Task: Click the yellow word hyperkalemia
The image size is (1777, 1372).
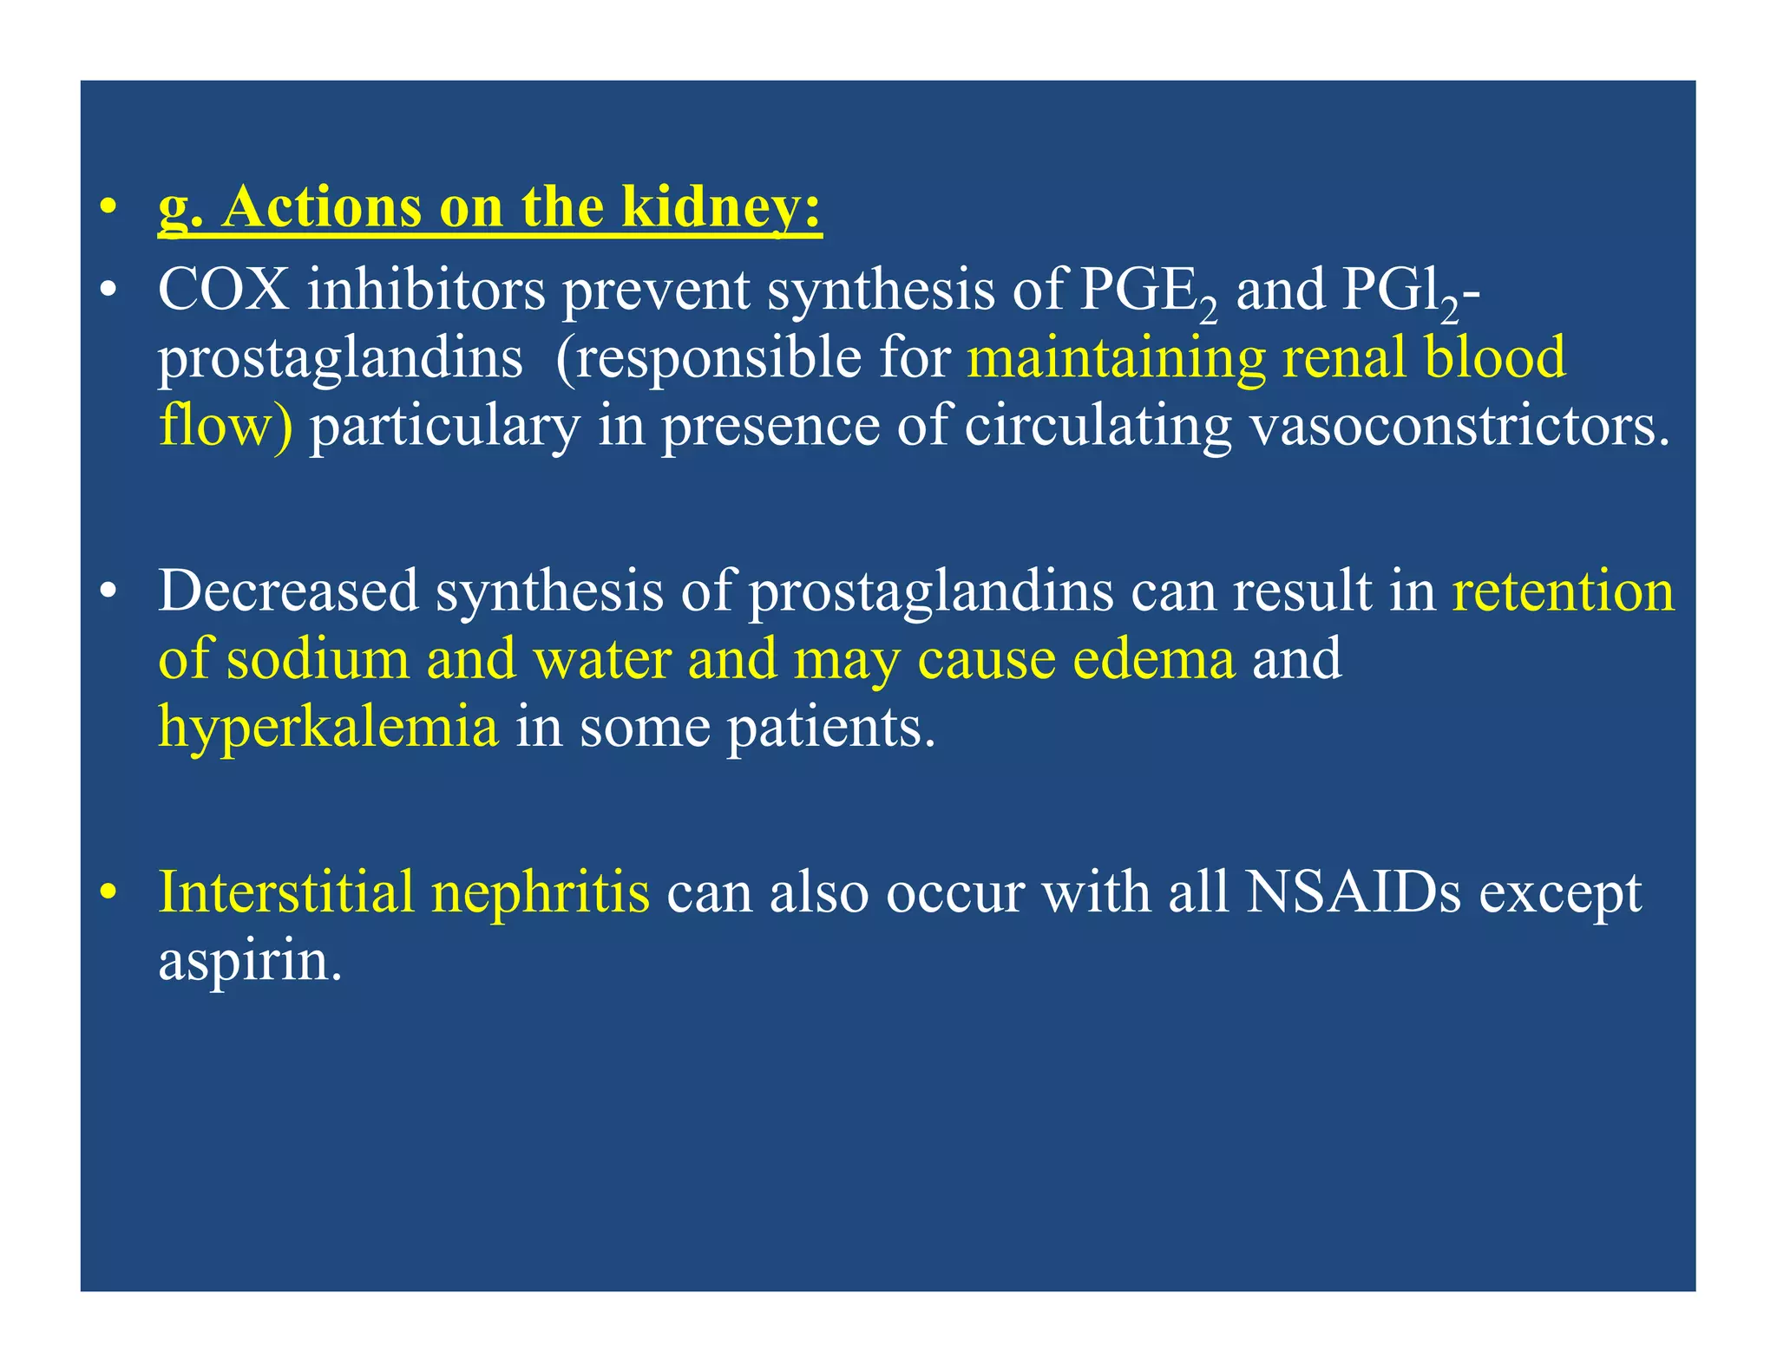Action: (328, 726)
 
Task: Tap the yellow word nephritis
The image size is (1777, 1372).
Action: (540, 892)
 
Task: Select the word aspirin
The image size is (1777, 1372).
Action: (250, 960)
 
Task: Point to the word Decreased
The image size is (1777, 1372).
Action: (288, 591)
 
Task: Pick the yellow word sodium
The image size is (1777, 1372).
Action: (318, 658)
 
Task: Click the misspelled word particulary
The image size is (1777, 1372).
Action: (444, 427)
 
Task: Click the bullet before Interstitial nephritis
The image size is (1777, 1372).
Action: (108, 892)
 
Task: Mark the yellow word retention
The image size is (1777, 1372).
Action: (1563, 591)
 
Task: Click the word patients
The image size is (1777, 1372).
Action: (830, 728)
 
